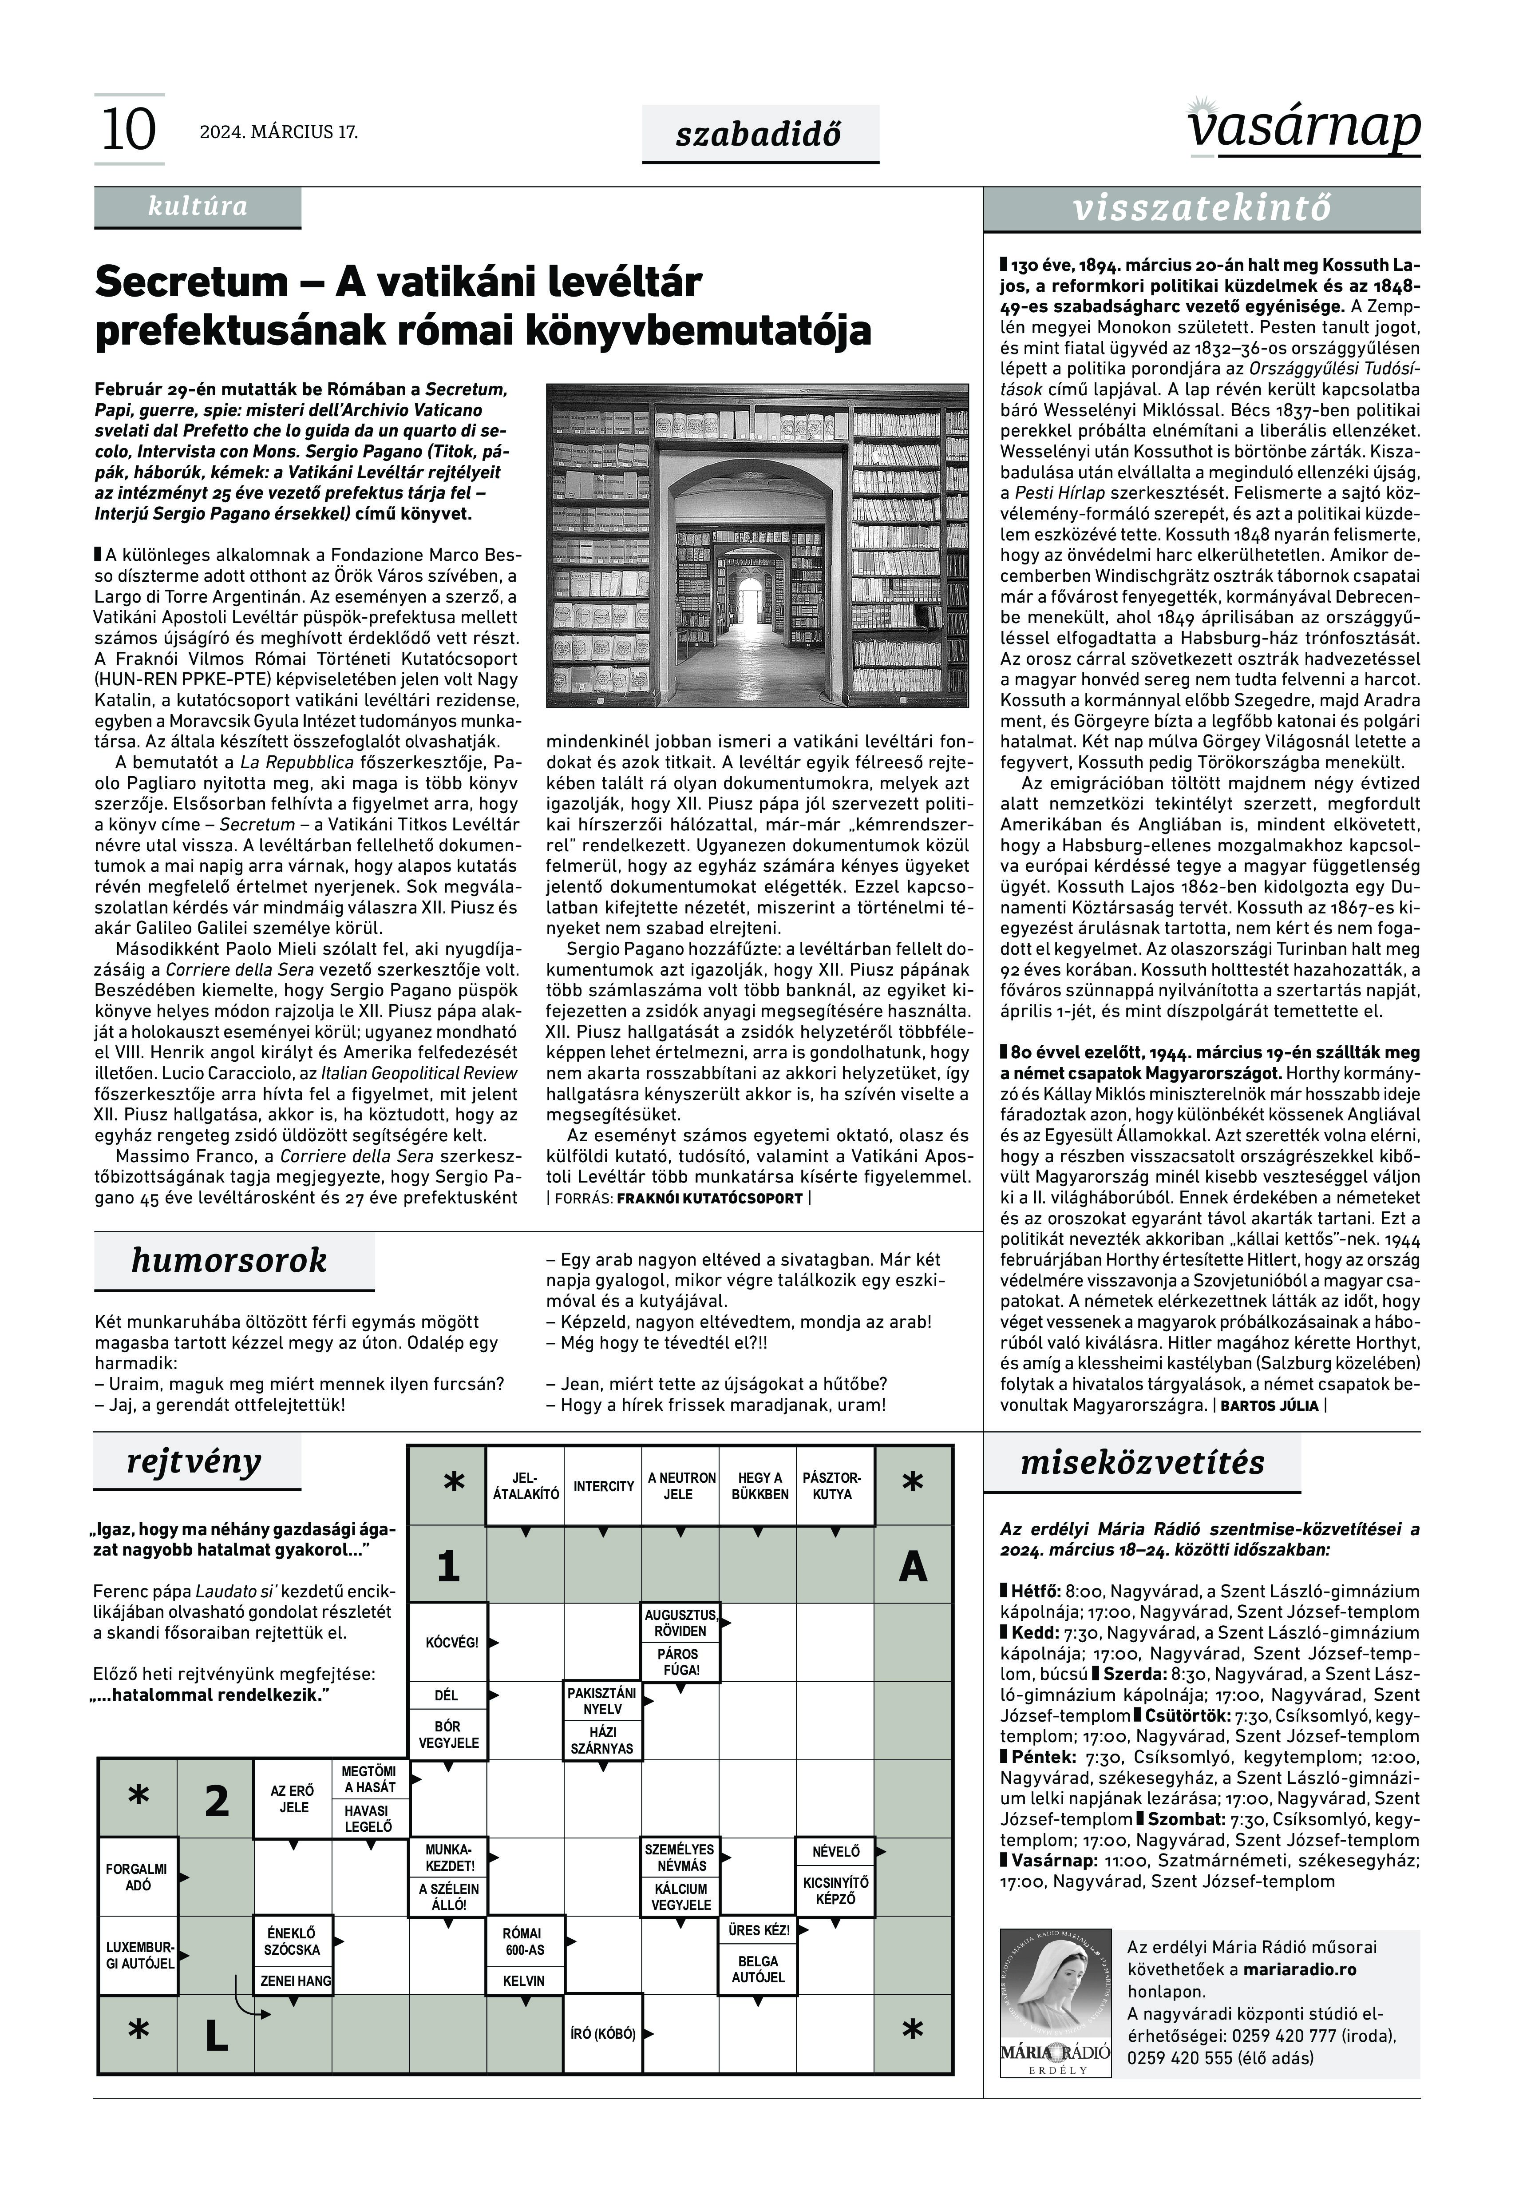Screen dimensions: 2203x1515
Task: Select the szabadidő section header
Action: point(759,134)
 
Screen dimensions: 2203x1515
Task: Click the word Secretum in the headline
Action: point(191,282)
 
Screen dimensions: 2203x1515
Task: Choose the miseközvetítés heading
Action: point(1142,1462)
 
